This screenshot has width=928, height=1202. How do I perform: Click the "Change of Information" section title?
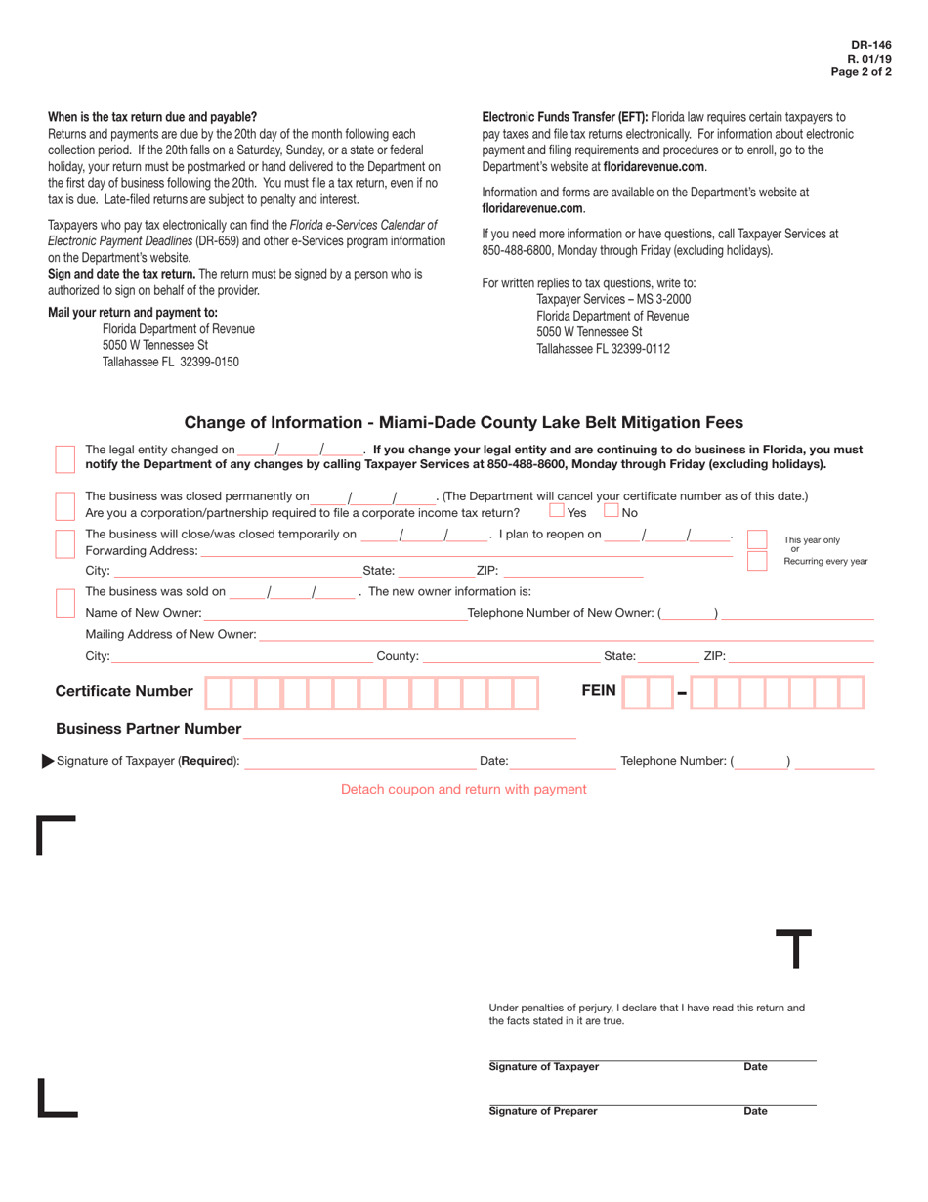click(463, 423)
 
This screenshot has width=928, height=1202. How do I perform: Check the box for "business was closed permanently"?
click(64, 505)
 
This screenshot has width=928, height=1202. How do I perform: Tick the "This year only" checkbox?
click(757, 539)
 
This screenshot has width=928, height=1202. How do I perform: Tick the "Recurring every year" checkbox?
click(757, 561)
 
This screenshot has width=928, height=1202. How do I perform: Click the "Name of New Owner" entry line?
click(334, 613)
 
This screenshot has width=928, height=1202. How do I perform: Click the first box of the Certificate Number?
click(217, 693)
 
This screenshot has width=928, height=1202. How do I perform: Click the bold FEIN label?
click(598, 691)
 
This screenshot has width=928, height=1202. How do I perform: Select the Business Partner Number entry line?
click(410, 730)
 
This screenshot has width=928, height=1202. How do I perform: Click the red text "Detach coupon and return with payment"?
click(463, 789)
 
